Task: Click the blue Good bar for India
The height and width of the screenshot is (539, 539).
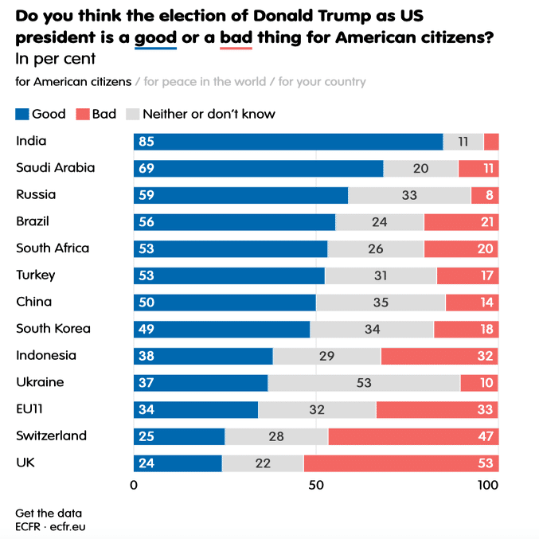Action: point(287,142)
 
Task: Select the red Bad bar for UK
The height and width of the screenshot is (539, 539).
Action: point(400,463)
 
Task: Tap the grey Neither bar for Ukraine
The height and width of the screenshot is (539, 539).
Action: point(364,383)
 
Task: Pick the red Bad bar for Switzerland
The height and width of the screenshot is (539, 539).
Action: point(413,436)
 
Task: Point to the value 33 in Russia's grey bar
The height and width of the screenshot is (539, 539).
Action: point(409,195)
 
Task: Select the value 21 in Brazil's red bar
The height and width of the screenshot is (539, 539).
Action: point(487,222)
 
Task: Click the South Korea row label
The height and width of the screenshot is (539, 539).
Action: point(53,329)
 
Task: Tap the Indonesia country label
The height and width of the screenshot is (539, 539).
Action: point(46,356)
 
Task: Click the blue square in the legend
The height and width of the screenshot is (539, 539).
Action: point(22,115)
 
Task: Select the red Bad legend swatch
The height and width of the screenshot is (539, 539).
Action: point(83,115)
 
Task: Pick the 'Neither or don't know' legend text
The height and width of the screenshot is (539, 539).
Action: point(209,115)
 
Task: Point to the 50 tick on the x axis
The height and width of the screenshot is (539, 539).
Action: point(315,486)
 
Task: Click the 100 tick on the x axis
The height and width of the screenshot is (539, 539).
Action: point(488,486)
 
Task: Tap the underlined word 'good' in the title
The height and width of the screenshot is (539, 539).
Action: point(155,38)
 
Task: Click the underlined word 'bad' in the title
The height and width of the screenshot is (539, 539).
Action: point(236,38)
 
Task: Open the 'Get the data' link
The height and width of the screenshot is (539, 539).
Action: point(48,514)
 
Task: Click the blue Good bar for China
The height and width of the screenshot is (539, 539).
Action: point(225,303)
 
